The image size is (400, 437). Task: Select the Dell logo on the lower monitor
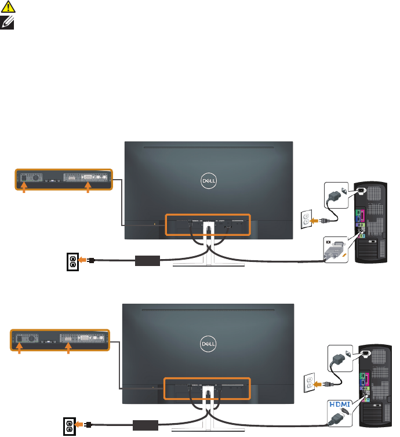(209, 343)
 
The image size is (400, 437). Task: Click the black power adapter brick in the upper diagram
(147, 260)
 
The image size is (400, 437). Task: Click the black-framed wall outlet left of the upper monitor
(73, 261)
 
